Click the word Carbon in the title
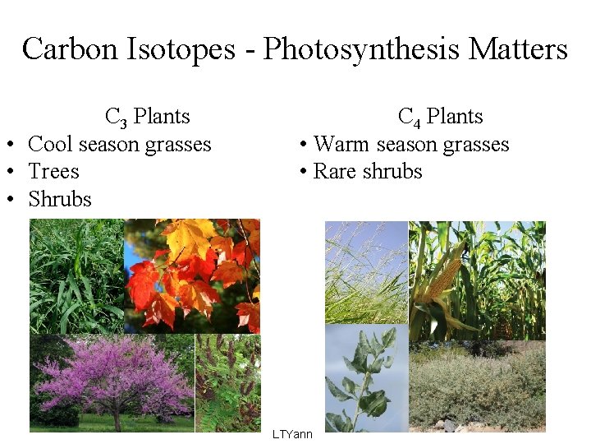71,49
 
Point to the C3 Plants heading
147,117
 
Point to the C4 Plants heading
440,117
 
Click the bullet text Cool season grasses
119,145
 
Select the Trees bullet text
53,172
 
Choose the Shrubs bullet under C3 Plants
59,199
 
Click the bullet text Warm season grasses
410,145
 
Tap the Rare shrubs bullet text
367,172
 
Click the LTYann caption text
292,433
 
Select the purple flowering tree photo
112,382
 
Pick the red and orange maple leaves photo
192,275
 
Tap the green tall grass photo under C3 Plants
76,275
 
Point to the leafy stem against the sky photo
366,378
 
